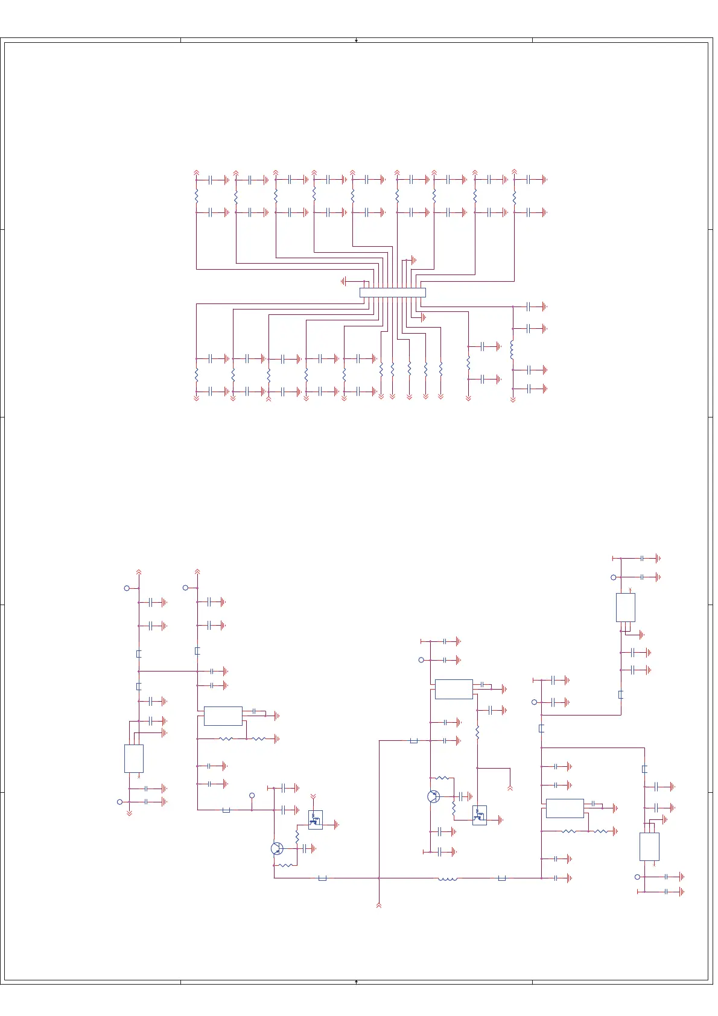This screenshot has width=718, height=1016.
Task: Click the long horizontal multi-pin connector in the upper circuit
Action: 392,293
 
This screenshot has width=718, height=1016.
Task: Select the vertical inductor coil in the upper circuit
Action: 512,349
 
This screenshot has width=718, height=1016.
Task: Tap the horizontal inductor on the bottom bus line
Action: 447,878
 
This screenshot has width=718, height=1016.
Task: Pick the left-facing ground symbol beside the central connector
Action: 344,281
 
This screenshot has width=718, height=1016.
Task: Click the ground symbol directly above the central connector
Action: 413,260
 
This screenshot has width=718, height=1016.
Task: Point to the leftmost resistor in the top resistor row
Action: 197,196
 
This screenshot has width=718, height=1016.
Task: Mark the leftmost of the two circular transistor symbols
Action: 277,848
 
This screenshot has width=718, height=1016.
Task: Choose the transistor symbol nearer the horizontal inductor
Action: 433,796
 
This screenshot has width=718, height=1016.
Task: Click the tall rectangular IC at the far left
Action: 133,758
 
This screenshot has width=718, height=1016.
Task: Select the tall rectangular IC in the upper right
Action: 625,607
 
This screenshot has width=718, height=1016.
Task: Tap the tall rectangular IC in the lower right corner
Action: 649,846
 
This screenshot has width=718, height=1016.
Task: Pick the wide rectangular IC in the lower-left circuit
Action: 223,716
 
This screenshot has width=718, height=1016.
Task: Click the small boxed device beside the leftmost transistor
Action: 315,819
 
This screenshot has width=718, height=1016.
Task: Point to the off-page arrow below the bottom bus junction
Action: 379,904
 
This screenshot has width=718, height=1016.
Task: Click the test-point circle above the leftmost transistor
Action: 252,795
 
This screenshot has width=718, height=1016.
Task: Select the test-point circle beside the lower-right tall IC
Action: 637,877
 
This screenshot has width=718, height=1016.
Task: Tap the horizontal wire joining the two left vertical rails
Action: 168,671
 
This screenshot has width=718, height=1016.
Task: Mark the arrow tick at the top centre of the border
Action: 357,40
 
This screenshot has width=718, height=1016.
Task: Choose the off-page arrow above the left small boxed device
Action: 313,796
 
